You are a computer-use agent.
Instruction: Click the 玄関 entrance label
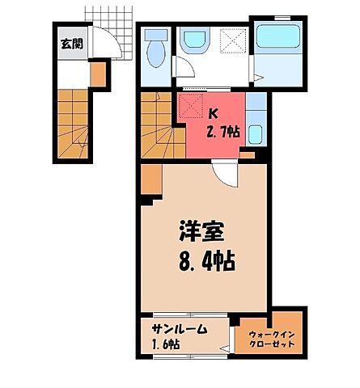click(70, 44)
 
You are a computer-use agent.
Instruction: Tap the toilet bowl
click(155, 54)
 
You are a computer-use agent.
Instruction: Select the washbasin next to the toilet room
click(193, 42)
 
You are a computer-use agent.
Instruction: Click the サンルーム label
click(179, 330)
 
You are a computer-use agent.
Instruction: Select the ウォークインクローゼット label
click(266, 338)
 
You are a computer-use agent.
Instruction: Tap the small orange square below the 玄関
click(97, 74)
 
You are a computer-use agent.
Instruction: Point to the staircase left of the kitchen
click(157, 124)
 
